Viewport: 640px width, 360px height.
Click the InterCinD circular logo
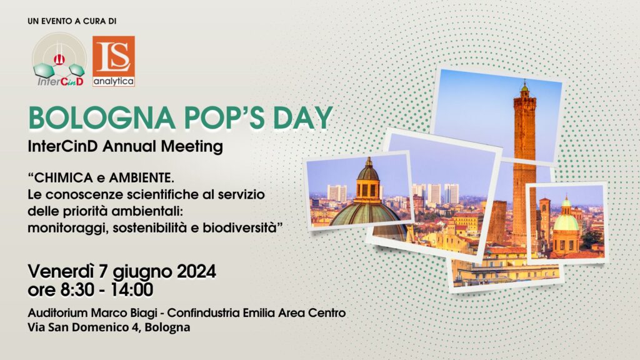point(59,59)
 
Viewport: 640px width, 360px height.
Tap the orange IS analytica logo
point(114,61)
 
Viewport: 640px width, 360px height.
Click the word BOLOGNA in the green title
point(102,118)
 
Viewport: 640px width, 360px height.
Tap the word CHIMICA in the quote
point(61,178)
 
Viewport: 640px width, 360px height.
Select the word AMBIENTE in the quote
point(142,178)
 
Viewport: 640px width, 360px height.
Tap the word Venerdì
point(61,271)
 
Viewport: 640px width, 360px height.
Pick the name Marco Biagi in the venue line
point(124,313)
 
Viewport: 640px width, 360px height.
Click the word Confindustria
point(203,313)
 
